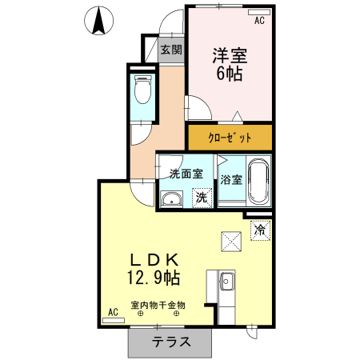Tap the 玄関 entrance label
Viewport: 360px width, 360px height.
pos(170,50)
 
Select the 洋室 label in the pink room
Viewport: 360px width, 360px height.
pos(228,56)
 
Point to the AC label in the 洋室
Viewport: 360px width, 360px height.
pos(259,22)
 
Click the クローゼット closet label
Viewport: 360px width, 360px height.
pos(230,138)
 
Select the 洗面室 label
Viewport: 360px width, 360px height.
pos(186,174)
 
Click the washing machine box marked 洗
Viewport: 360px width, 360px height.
pos(202,197)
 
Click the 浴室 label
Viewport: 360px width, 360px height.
pos(231,180)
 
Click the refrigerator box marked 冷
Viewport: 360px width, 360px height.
pos(260,230)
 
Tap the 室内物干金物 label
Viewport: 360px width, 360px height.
pos(158,305)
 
